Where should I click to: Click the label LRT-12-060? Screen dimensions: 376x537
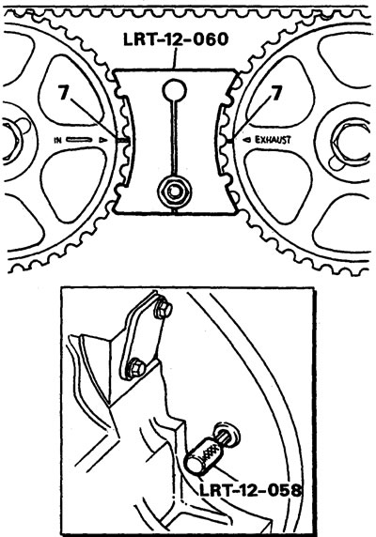(x=176, y=39)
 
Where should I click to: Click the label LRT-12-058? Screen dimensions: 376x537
(x=251, y=490)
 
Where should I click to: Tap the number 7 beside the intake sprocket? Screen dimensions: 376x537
(x=63, y=92)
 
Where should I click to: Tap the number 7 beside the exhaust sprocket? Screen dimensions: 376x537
(x=276, y=93)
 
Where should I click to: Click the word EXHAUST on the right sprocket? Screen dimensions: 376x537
(x=273, y=140)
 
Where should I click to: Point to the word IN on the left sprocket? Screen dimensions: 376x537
(x=58, y=140)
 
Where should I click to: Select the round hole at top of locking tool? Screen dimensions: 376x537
(x=175, y=90)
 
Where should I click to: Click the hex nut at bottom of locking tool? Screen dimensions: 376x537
(x=174, y=192)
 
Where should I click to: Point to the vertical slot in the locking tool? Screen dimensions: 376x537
(x=175, y=137)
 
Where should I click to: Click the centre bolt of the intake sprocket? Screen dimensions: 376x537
(x=10, y=141)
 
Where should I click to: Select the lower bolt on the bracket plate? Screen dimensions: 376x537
(x=135, y=369)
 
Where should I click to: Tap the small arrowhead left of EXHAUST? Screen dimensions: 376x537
(x=247, y=140)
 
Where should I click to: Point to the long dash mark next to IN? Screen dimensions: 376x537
(x=79, y=140)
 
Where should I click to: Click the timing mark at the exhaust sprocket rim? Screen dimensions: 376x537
(x=229, y=141)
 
